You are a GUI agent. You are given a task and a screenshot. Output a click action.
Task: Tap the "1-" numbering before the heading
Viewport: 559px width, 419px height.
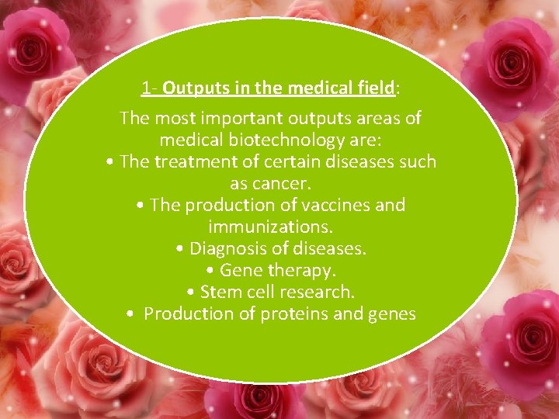pyautogui.click(x=150, y=88)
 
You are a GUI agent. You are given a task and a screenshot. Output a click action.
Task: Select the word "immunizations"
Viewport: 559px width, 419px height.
pyautogui.click(x=269, y=227)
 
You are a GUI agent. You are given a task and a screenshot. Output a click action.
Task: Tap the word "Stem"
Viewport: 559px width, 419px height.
pyautogui.click(x=220, y=293)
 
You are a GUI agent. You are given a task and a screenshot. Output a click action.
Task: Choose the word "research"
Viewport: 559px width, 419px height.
pyautogui.click(x=318, y=293)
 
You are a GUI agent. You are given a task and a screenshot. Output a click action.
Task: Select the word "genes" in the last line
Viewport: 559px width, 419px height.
pyautogui.click(x=394, y=314)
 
